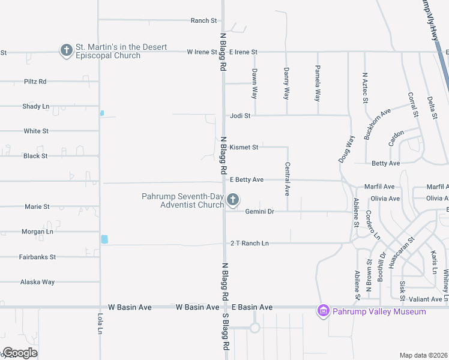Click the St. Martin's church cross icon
(66, 50)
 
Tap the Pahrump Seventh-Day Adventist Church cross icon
(233, 200)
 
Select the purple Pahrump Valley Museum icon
(324, 311)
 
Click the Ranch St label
(203, 20)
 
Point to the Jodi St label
(240, 115)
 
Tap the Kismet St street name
(243, 147)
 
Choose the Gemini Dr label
(259, 212)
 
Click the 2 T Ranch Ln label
(250, 244)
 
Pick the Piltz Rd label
(35, 82)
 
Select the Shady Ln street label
(36, 106)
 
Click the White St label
(37, 131)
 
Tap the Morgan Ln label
(37, 232)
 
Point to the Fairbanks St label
(38, 257)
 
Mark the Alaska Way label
(37, 281)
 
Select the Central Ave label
(288, 179)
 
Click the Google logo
(20, 353)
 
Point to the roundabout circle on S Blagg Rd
(255, 328)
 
